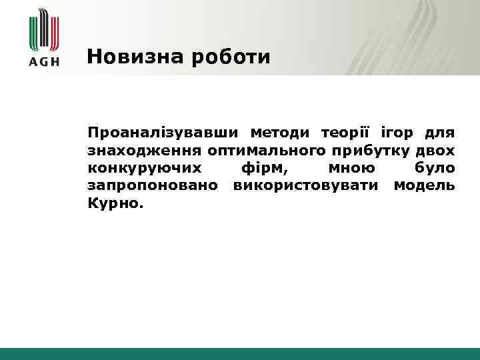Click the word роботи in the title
coord(231,57)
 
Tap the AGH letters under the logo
coord(45,61)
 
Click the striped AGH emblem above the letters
coord(45,29)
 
